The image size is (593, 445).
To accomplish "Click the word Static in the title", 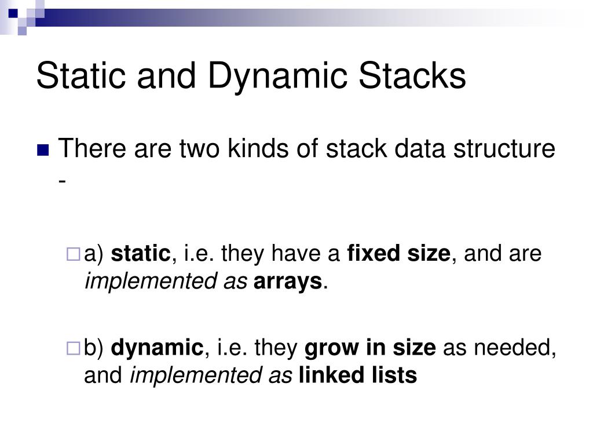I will pos(80,76).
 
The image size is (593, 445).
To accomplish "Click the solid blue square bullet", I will pos(43,151).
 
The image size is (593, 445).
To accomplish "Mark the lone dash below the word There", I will pos(62,181).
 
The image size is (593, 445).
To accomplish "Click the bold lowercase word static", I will pos(141,254).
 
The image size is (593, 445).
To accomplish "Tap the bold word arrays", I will pos(288,282).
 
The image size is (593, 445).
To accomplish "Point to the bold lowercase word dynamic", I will pos(157,348).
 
